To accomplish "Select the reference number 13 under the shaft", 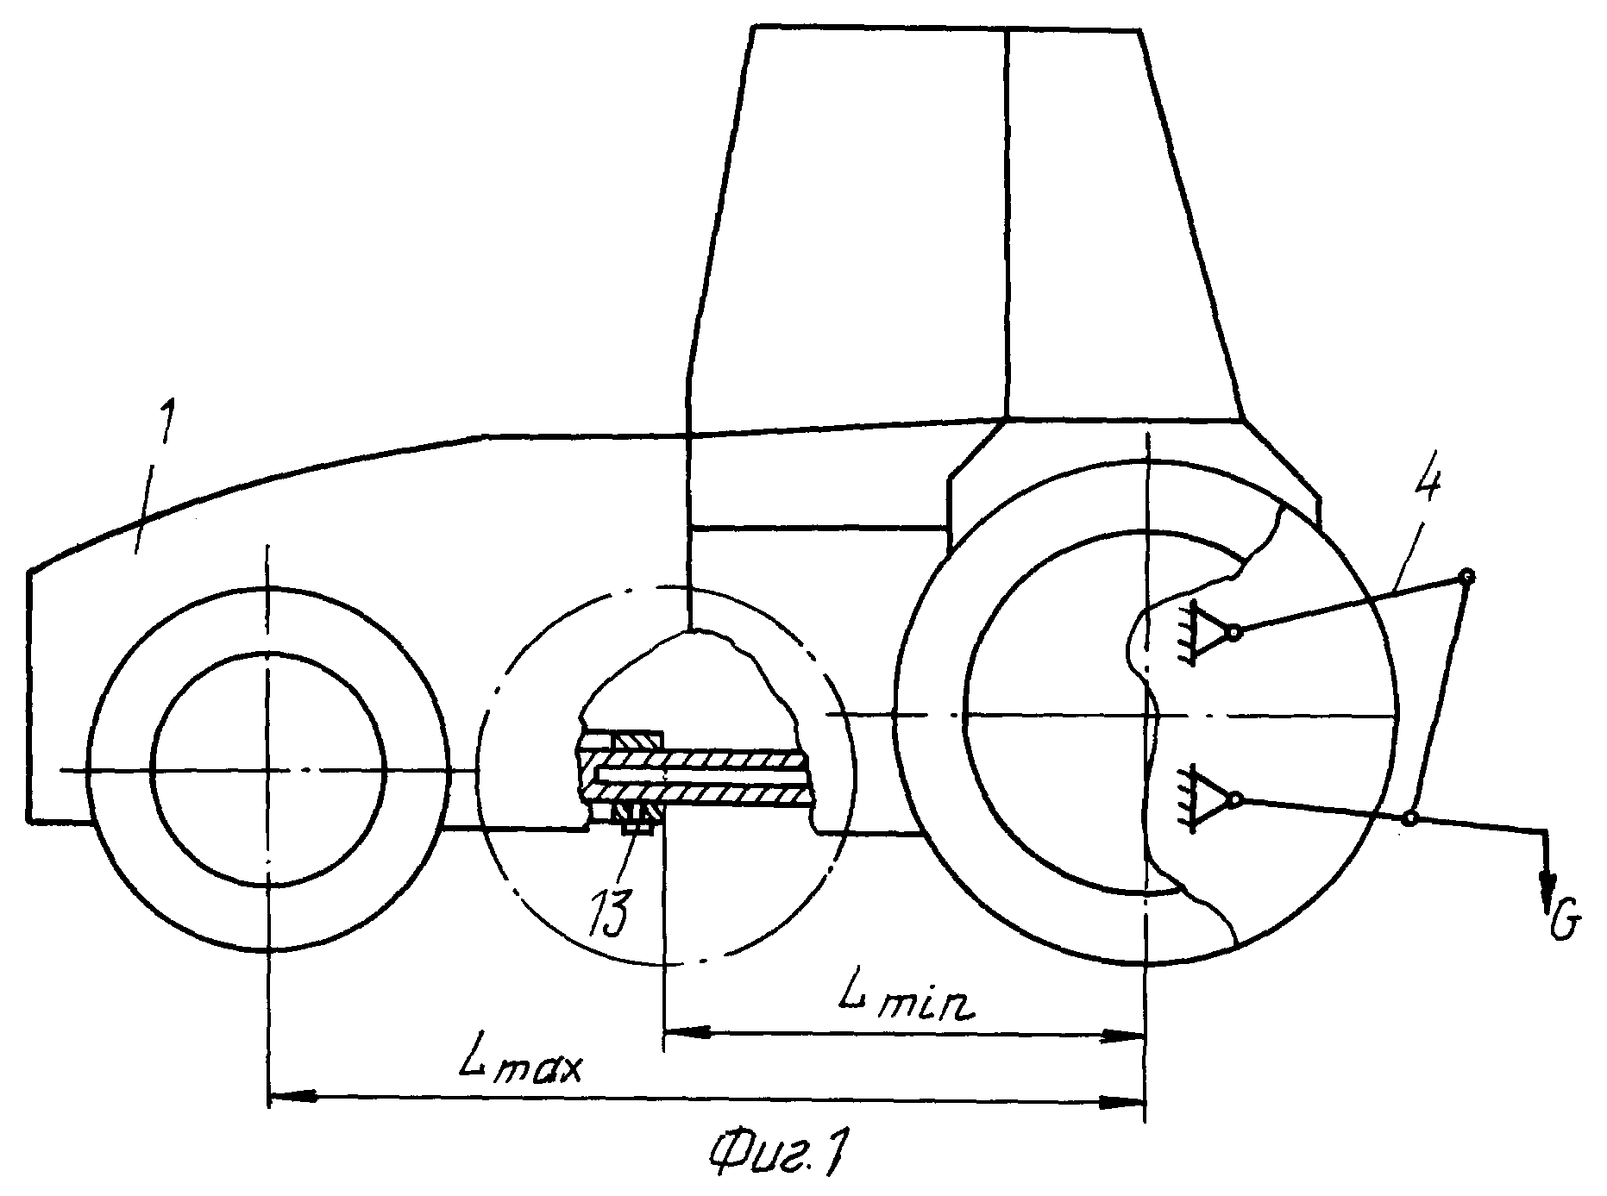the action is click(x=611, y=911).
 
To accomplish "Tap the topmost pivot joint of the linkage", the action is click(x=1466, y=577).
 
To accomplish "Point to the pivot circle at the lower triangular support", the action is click(x=1235, y=799).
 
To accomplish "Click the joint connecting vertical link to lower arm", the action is click(x=1410, y=817).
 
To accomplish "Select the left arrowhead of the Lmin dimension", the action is click(x=687, y=1030).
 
